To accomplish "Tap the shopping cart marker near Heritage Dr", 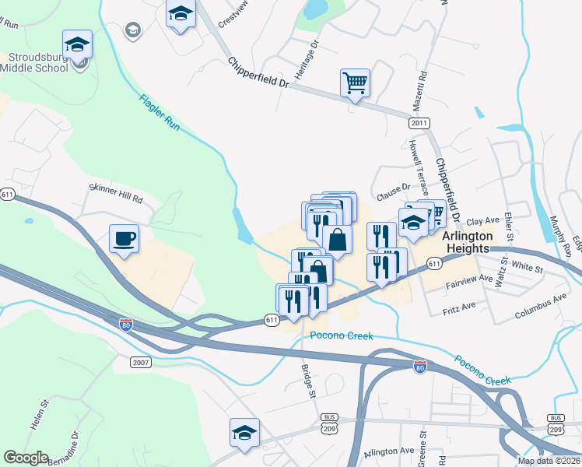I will (x=355, y=82).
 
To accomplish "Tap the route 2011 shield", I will (x=419, y=123).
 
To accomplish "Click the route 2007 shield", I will (x=141, y=363).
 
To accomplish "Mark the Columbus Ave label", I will (x=541, y=307).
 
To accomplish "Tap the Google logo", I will (x=26, y=458).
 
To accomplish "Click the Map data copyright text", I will (x=549, y=461).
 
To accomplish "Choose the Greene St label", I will (x=423, y=444).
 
